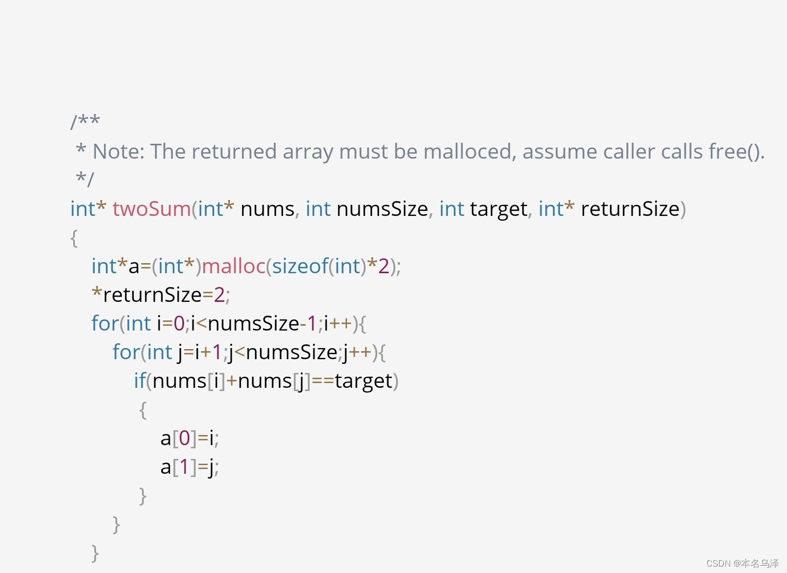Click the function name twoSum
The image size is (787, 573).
pyautogui.click(x=151, y=209)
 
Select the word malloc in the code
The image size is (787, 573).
pyautogui.click(x=233, y=266)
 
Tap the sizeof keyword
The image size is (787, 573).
pyautogui.click(x=300, y=266)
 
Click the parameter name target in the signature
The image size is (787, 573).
pyautogui.click(x=499, y=209)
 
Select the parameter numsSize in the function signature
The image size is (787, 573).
pyautogui.click(x=382, y=209)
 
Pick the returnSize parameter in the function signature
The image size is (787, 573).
pyautogui.click(x=630, y=209)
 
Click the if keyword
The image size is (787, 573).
pyautogui.click(x=139, y=381)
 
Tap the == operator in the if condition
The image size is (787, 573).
pyautogui.click(x=322, y=381)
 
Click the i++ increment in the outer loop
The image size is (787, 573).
pyautogui.click(x=337, y=324)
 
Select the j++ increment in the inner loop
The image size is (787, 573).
pyautogui.click(x=357, y=352)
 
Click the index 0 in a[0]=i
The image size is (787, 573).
pyautogui.click(x=185, y=438)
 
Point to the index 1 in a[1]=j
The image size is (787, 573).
pyautogui.click(x=185, y=467)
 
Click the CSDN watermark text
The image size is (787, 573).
pyautogui.click(x=742, y=563)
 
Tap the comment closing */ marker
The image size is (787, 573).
pyautogui.click(x=84, y=179)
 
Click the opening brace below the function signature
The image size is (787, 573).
pyautogui.click(x=74, y=238)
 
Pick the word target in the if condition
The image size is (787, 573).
pyautogui.click(x=363, y=381)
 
